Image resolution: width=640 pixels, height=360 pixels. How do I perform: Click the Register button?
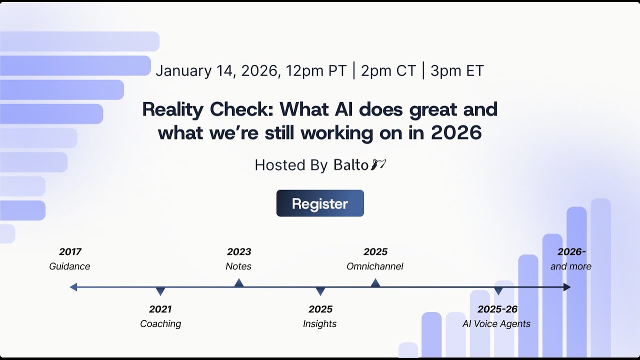tap(320, 203)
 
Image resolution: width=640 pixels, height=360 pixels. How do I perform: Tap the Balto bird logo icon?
tap(378, 164)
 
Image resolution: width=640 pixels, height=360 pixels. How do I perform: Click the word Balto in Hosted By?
tap(351, 165)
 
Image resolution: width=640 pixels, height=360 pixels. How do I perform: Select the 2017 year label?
tap(70, 251)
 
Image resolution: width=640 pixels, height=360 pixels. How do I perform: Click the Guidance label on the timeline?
tap(69, 266)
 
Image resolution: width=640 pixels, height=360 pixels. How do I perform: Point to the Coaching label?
tap(160, 323)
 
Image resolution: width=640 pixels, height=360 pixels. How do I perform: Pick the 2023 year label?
tap(239, 251)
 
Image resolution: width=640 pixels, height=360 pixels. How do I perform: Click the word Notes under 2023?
tap(238, 266)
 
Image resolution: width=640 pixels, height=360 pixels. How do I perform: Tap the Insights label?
tap(320, 323)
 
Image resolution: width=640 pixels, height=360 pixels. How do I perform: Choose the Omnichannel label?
tap(375, 266)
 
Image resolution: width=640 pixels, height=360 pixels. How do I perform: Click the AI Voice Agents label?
tap(496, 323)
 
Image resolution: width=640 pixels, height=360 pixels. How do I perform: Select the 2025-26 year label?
tap(497, 309)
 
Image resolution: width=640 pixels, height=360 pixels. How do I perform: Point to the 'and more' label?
tap(571, 266)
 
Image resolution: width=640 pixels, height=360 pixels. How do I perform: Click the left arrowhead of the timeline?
tap(73, 287)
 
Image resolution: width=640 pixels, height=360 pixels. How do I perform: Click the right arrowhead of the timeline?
tap(567, 287)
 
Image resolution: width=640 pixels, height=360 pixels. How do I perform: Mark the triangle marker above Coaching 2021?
tap(160, 291)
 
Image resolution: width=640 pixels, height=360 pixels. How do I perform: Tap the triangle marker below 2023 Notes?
tap(239, 283)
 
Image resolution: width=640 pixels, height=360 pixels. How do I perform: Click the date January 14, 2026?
tap(216, 70)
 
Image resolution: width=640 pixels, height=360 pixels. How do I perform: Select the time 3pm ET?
tap(457, 70)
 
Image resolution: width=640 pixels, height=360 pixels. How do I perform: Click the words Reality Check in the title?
tap(207, 109)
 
